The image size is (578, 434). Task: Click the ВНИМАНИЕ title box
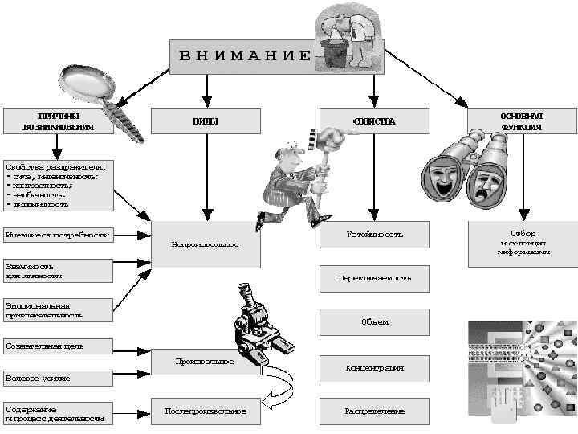coord(241,55)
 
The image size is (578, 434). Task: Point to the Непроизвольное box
coord(206,244)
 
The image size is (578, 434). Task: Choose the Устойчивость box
coord(374,235)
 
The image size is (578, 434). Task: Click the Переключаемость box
coord(374,278)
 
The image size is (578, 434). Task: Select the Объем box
coord(374,321)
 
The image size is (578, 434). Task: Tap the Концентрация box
coord(374,367)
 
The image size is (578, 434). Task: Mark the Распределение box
coord(374,411)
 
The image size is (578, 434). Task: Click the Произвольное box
coord(206,362)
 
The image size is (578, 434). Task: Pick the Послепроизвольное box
coord(206,411)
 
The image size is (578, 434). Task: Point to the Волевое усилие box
coord(56,378)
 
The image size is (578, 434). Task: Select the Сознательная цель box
coord(56,346)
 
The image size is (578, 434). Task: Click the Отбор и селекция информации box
coord(522,244)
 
